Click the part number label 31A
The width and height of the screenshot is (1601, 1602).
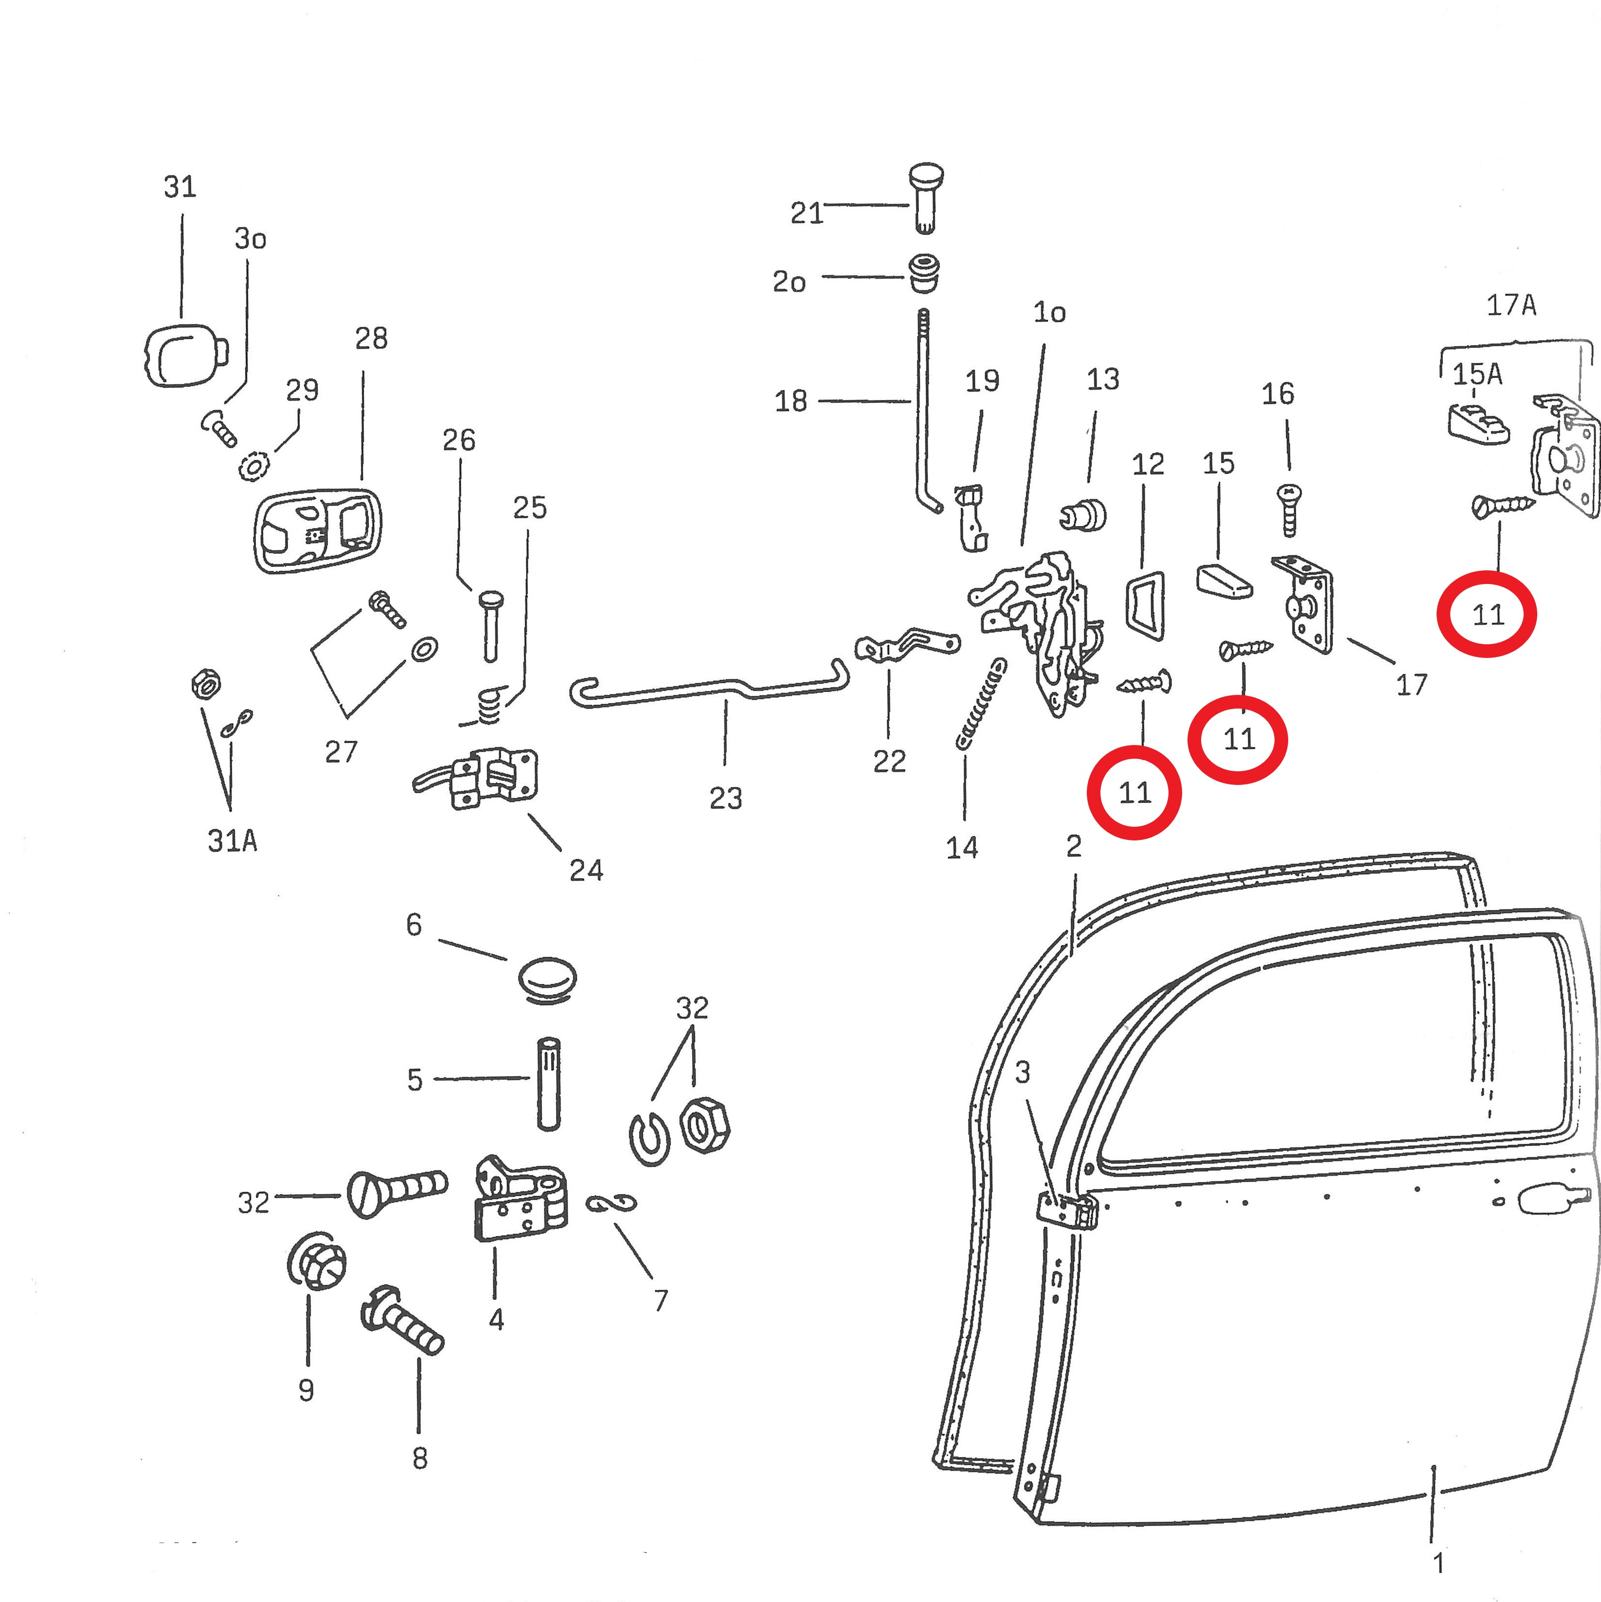pos(232,841)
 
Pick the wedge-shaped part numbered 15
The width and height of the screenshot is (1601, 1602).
pos(1224,581)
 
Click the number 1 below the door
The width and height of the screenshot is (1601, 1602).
pos(1439,1563)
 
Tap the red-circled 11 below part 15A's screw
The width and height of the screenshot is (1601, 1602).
pos(1488,615)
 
